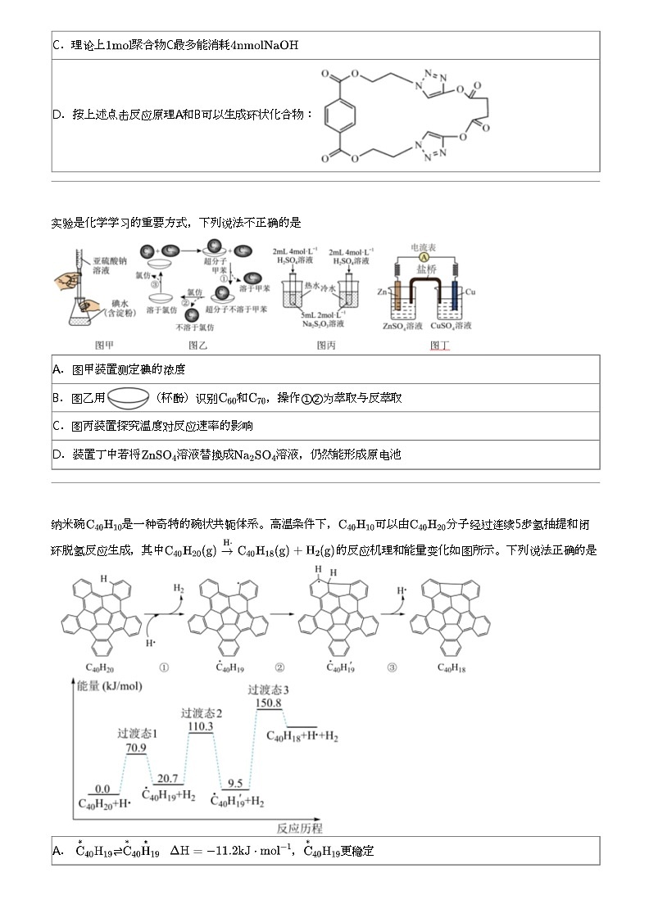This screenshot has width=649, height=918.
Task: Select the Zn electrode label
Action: [x=382, y=292]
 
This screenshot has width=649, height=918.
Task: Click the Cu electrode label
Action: [x=470, y=292]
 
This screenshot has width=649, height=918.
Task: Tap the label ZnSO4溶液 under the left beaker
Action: [x=402, y=326]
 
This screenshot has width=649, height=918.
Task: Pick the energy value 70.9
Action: [x=136, y=747]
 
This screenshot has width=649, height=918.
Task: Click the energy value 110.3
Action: [x=201, y=726]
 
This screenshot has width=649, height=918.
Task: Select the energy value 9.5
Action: [x=234, y=783]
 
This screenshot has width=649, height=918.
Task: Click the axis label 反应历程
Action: [x=299, y=828]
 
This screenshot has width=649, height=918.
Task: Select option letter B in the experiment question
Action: [x=57, y=398]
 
